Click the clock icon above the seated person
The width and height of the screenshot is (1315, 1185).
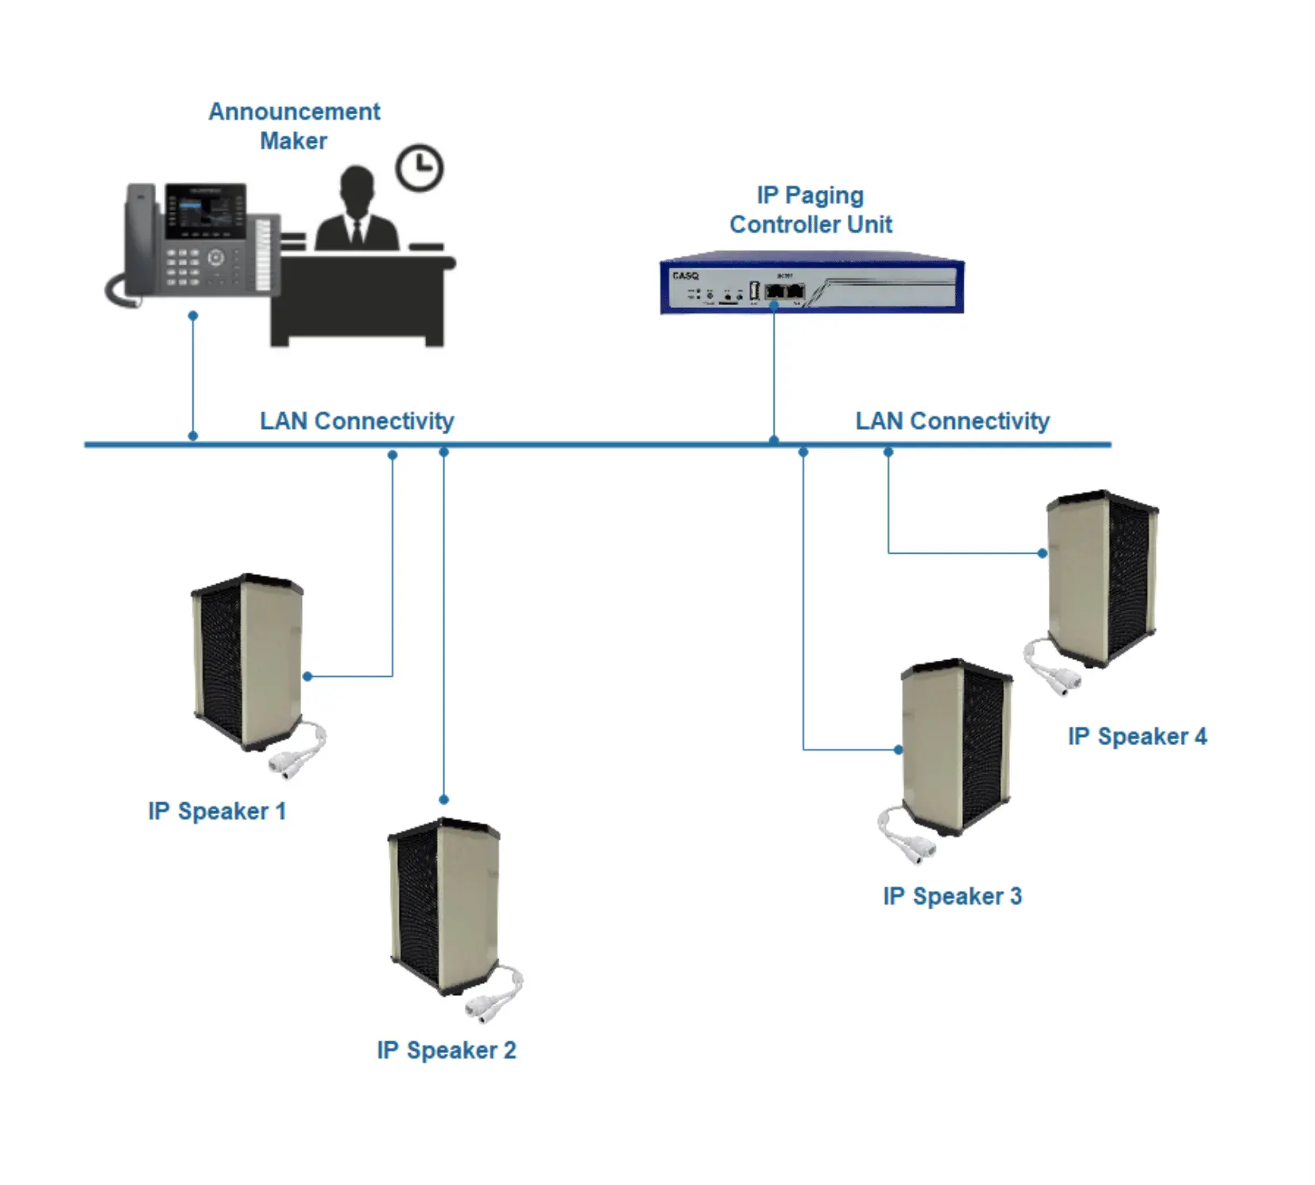pyautogui.click(x=419, y=168)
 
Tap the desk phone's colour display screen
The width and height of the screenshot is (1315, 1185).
pyautogui.click(x=204, y=212)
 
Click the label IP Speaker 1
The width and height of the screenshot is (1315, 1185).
pyautogui.click(x=217, y=811)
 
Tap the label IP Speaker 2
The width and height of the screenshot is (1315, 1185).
pyautogui.click(x=446, y=1050)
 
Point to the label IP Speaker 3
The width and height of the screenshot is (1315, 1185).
pyautogui.click(x=952, y=896)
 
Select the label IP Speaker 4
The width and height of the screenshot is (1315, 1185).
pyautogui.click(x=1136, y=736)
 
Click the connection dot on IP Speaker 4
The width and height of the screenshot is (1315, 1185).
pyautogui.click(x=1042, y=553)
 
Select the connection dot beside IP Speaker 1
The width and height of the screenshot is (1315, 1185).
pyautogui.click(x=307, y=676)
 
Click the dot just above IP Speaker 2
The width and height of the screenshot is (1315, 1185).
pyautogui.click(x=443, y=799)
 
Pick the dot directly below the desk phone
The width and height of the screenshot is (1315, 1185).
pyautogui.click(x=192, y=316)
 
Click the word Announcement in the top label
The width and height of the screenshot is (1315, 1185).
pyautogui.click(x=294, y=112)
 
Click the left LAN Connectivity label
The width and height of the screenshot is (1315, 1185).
pyautogui.click(x=357, y=420)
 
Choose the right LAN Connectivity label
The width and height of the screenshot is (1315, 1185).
pyautogui.click(x=952, y=420)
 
